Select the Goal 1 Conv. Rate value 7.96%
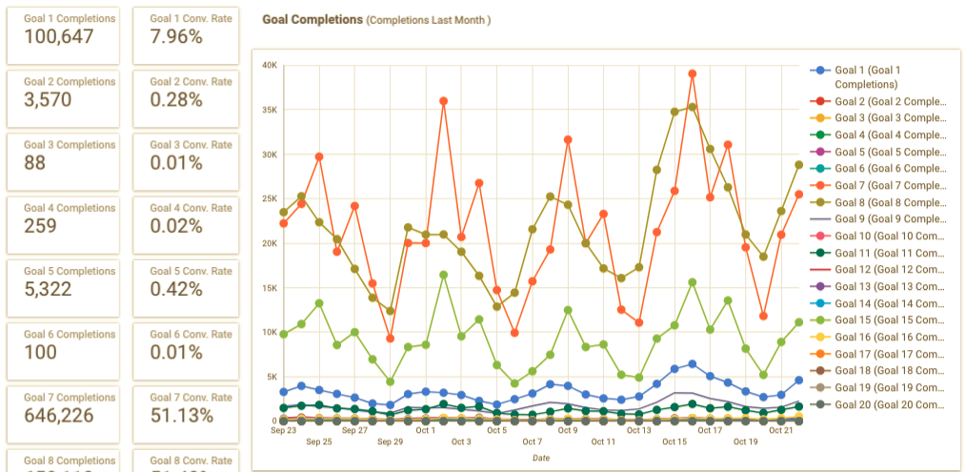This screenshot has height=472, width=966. [x=176, y=37]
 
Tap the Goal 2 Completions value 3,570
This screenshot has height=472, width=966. [x=47, y=100]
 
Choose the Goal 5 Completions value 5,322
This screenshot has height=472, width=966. [x=47, y=289]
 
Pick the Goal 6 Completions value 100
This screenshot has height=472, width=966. [x=40, y=352]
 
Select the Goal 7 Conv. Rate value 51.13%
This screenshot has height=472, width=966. [x=182, y=416]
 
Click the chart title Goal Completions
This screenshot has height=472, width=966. [x=312, y=19]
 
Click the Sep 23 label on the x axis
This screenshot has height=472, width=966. [x=283, y=430]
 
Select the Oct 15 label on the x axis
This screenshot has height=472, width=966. [x=674, y=441]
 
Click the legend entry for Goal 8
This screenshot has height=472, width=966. [x=890, y=202]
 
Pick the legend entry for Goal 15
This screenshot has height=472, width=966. [x=892, y=320]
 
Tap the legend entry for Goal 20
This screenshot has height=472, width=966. [x=892, y=404]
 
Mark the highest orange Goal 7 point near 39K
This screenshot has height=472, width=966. [x=693, y=72]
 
